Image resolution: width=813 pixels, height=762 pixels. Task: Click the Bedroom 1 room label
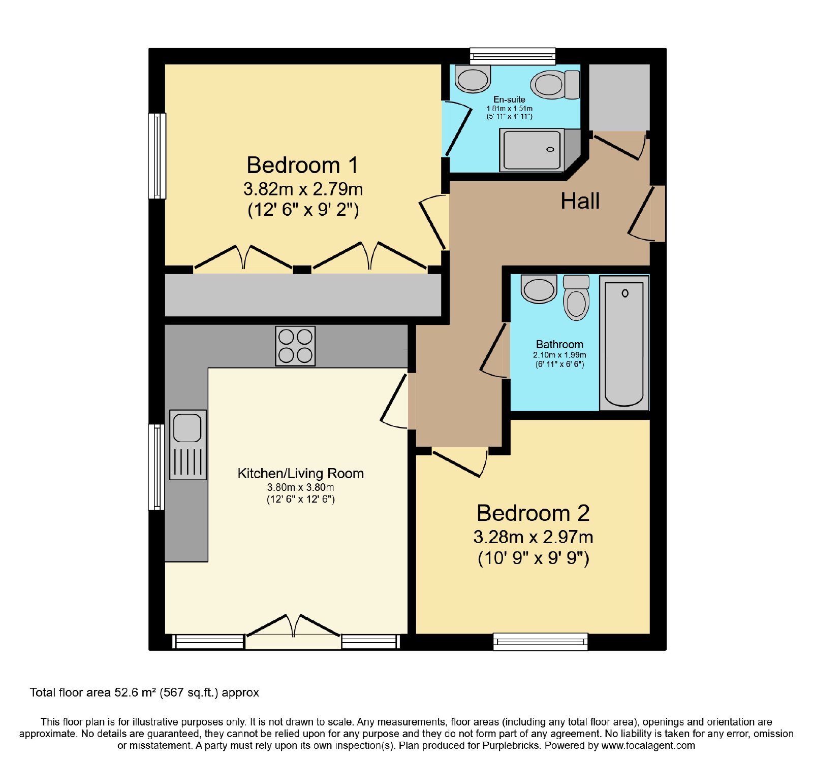tap(302, 165)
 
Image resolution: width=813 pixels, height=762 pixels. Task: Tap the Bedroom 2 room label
tap(533, 513)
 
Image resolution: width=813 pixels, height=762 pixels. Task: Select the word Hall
tap(580, 201)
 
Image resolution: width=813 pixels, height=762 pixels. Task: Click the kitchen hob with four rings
tap(295, 346)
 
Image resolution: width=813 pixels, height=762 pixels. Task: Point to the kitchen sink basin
tap(187, 427)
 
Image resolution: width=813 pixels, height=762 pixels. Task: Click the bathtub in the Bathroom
tap(624, 343)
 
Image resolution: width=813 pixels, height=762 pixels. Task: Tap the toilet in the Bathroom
tap(576, 297)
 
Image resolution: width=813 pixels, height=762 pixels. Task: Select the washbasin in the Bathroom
tap(539, 289)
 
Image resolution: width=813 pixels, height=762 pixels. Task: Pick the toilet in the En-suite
tap(555, 84)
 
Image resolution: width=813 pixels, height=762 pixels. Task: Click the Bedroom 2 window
tap(541, 642)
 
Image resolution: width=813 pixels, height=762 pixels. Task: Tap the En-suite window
tap(513, 56)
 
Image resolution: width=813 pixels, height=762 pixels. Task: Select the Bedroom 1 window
tap(157, 155)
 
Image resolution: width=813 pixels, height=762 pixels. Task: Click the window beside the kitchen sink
tap(157, 467)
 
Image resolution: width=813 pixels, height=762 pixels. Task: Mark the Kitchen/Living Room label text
tap(301, 474)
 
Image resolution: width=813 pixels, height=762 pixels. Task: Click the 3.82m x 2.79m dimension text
tap(303, 189)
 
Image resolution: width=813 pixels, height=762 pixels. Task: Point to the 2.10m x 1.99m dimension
tap(559, 355)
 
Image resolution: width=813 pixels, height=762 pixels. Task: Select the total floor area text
tap(144, 692)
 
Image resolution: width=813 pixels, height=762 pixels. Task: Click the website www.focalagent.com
tap(648, 746)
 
